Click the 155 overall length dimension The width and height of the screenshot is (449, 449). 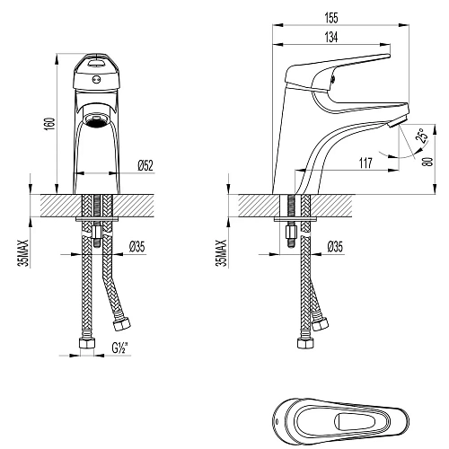tap(331, 18)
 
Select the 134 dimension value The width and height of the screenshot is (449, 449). tap(331, 38)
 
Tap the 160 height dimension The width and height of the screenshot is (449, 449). tap(51, 124)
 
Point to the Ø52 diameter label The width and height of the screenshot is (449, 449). tap(145, 165)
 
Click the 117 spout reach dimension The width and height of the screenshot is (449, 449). tap(365, 163)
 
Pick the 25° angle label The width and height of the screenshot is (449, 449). tap(421, 136)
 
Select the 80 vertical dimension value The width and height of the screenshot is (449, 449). tap(429, 162)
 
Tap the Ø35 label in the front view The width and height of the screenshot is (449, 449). tap(137, 247)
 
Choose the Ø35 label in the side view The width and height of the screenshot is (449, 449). tap(335, 247)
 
